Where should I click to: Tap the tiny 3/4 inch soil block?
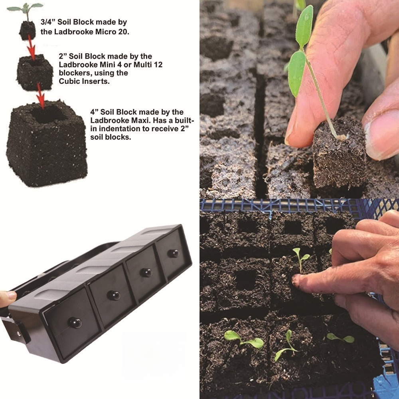(x=28, y=30)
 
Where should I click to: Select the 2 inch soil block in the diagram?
(x=35, y=72)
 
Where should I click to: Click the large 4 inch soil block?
(x=47, y=144)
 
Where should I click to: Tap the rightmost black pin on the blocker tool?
(x=173, y=253)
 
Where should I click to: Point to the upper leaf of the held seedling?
(x=305, y=26)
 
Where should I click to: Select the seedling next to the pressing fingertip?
(x=300, y=257)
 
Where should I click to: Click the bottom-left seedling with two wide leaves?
(x=243, y=339)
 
